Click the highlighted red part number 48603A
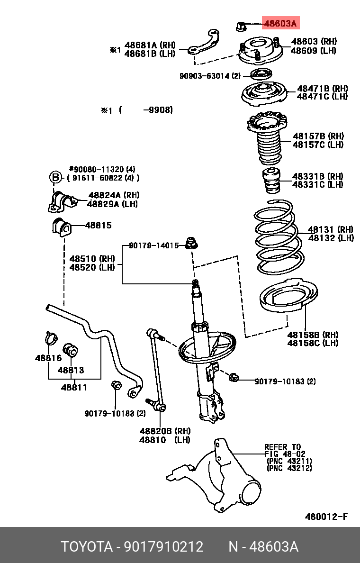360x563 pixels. pos(280,23)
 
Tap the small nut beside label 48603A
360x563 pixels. pos(240,26)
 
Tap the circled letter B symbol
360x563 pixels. pos(56,178)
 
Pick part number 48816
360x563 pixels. pos(48,358)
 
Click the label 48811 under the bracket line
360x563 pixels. pos(74,387)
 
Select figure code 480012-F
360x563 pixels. pos(326,517)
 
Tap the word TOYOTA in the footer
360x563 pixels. pos(87,546)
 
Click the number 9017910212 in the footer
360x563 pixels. pos(163,546)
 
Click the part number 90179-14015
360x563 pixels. pos(153,245)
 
